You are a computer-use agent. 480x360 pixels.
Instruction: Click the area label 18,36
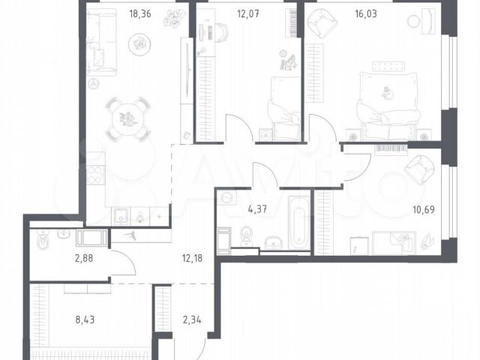pyautogui.click(x=140, y=14)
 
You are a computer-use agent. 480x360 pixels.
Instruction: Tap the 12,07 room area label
pyautogui.click(x=248, y=14)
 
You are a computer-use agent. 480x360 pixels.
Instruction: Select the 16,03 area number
pyautogui.click(x=366, y=14)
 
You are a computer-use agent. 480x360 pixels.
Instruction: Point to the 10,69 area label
pyautogui.click(x=424, y=210)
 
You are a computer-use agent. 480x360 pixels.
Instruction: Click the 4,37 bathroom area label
pyautogui.click(x=257, y=210)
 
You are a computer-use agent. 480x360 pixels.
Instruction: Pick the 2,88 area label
pyautogui.click(x=84, y=259)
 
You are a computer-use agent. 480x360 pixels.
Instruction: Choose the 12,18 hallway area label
pyautogui.click(x=192, y=259)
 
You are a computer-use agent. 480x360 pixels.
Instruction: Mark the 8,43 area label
pyautogui.click(x=85, y=320)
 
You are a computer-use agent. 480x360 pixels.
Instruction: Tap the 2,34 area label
pyautogui.click(x=192, y=320)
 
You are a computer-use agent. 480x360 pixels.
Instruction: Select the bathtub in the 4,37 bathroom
pyautogui.click(x=298, y=223)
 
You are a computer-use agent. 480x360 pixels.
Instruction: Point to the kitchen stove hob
pyautogui.click(x=95, y=175)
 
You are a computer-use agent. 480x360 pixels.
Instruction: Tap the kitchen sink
pyautogui.click(x=121, y=216)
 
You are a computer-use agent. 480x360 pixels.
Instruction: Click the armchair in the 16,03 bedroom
pyautogui.click(x=322, y=23)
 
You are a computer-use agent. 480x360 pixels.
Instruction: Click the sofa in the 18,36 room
pyautogui.click(x=101, y=42)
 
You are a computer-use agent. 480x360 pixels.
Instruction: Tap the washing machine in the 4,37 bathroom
pyautogui.click(x=228, y=199)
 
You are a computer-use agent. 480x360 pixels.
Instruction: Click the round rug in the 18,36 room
pyautogui.click(x=139, y=44)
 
